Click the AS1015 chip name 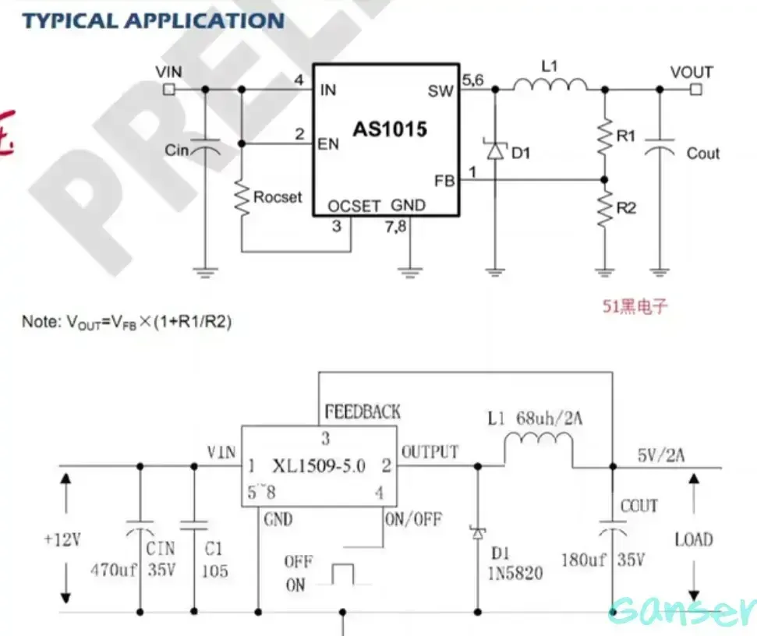[x=390, y=129]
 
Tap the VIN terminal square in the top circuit [x=168, y=90]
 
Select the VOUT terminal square [x=695, y=90]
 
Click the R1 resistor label [x=625, y=136]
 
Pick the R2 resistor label [x=625, y=208]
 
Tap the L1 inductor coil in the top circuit [x=550, y=83]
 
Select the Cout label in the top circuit [x=702, y=154]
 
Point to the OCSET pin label [x=354, y=207]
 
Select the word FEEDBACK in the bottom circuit [x=363, y=412]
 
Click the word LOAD [x=694, y=540]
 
